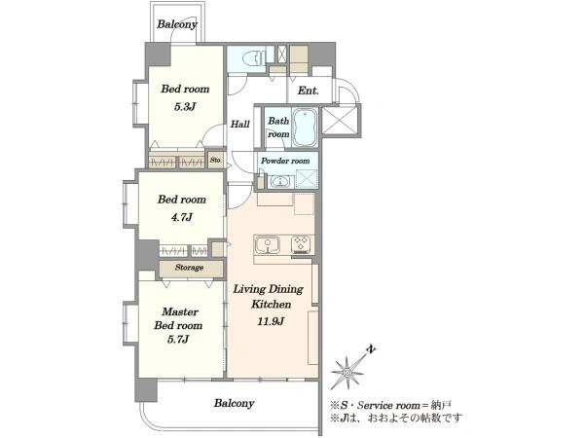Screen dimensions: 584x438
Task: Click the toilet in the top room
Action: click(x=254, y=58)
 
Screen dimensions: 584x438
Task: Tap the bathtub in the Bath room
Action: click(x=305, y=128)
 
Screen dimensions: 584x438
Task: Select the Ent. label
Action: click(x=308, y=91)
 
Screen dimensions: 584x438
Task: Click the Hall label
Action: click(x=239, y=124)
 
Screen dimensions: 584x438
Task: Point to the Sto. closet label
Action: click(x=216, y=161)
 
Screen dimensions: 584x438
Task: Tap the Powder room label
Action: click(x=285, y=161)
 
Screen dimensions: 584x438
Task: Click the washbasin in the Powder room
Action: click(x=279, y=182)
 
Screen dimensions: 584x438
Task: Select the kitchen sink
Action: click(x=268, y=244)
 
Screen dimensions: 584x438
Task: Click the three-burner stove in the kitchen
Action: click(x=302, y=244)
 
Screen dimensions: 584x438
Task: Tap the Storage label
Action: click(x=189, y=268)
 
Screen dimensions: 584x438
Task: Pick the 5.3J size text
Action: click(x=185, y=107)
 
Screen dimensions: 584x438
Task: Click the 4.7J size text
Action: click(x=181, y=217)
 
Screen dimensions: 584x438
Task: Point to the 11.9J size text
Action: click(x=271, y=321)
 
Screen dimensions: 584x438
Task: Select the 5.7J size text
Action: click(x=178, y=340)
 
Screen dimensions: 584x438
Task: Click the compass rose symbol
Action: click(x=347, y=372)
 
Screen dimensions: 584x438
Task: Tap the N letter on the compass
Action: click(x=371, y=349)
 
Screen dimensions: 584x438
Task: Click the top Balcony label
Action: click(x=177, y=24)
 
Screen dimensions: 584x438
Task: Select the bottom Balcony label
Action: click(x=235, y=403)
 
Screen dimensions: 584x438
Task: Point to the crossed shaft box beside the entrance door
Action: click(x=340, y=120)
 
